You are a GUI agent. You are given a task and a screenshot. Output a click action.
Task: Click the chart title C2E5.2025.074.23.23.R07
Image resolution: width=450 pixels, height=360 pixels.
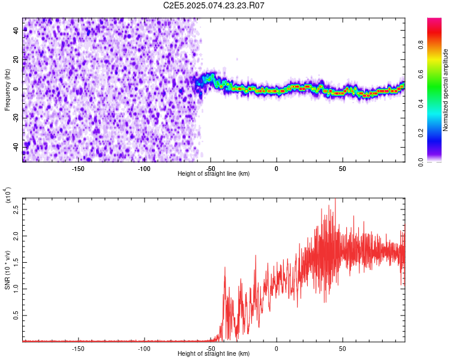click(x=214, y=5)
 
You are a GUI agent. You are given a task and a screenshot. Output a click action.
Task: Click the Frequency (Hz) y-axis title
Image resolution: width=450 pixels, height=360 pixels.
click(x=7, y=89)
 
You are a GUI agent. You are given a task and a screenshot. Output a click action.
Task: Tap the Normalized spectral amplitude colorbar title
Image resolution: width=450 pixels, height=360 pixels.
click(x=445, y=90)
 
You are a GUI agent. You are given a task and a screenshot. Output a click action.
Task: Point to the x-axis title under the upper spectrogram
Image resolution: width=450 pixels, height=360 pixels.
click(x=214, y=174)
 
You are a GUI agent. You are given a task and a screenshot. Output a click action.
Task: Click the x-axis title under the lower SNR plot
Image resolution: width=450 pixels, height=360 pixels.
click(x=214, y=354)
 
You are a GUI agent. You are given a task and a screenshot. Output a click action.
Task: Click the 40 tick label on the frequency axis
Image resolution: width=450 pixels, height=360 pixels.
click(x=16, y=31)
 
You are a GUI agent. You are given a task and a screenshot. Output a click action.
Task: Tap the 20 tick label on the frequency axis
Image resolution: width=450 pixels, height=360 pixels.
click(x=16, y=60)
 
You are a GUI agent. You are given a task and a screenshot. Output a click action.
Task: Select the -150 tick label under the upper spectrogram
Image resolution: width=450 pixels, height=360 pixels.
click(x=78, y=169)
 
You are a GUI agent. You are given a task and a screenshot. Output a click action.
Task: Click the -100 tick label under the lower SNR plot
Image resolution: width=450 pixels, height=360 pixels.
click(x=144, y=349)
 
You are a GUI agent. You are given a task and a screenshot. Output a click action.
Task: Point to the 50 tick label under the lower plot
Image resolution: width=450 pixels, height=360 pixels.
click(x=342, y=349)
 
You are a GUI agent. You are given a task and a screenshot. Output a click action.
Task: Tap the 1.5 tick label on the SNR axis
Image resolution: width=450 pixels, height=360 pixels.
click(x=16, y=262)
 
